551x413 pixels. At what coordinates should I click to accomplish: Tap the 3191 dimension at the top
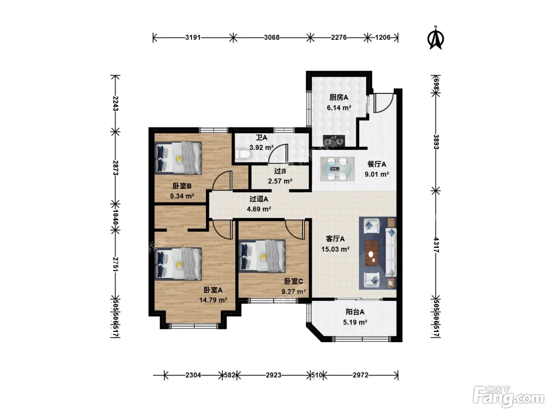[x=193, y=38]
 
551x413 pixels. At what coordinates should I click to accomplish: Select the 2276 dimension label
[x=338, y=38]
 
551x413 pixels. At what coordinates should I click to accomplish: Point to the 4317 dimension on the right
[x=436, y=245]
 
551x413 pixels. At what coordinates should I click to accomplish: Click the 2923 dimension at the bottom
[x=274, y=375]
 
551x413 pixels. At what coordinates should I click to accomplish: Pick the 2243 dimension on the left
[x=115, y=103]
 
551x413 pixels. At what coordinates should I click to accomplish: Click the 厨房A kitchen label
[x=338, y=97]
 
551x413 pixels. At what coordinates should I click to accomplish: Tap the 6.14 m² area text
[x=338, y=107]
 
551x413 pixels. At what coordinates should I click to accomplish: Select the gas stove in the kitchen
[x=334, y=141]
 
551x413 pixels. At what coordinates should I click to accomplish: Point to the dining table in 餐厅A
[x=337, y=169]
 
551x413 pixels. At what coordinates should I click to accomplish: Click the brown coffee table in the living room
[x=372, y=253]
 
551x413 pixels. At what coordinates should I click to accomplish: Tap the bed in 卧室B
[x=178, y=158]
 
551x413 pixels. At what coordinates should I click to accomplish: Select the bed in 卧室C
[x=262, y=256]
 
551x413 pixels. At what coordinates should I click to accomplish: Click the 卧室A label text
[x=213, y=290]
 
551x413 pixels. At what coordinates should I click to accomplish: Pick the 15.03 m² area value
[x=335, y=249]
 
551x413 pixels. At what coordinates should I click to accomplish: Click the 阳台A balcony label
[x=355, y=312]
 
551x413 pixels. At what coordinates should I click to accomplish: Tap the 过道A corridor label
[x=259, y=199]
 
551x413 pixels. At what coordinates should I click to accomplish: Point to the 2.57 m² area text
[x=280, y=181]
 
